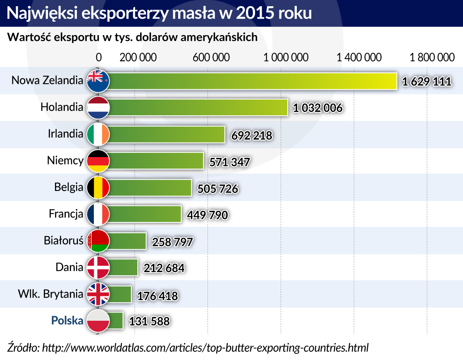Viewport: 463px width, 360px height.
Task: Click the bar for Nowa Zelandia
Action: [252, 81]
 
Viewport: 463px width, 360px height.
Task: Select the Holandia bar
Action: [198, 108]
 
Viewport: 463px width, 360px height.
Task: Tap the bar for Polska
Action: [116, 321]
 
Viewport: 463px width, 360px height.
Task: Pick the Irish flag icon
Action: [98, 134]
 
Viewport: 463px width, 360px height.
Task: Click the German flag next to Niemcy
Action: [98, 161]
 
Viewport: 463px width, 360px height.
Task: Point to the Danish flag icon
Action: [98, 267]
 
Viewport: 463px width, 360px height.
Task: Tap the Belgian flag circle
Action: [98, 188]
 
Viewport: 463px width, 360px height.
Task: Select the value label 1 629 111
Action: [426, 82]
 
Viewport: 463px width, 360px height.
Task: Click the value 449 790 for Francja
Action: [207, 215]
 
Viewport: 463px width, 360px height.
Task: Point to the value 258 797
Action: [172, 242]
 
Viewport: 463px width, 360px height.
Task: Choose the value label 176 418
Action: [157, 296]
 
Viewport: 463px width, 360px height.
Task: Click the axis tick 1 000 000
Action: [286, 57]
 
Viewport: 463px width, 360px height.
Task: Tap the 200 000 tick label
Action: [138, 57]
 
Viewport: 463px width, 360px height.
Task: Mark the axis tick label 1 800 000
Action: [432, 57]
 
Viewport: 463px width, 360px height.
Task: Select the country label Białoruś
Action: [64, 241]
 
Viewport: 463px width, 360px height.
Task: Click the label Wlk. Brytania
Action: [50, 294]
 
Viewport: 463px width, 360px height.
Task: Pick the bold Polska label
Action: [67, 320]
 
